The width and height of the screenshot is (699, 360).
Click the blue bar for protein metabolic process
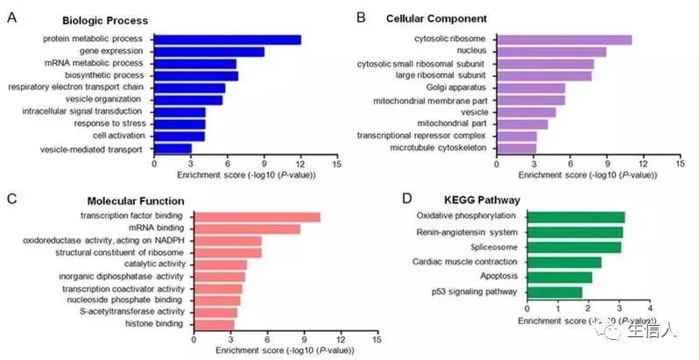point(227,39)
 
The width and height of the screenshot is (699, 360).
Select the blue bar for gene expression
point(208,52)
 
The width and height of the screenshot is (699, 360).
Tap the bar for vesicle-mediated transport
point(173,149)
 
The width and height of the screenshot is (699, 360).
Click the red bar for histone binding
point(213,324)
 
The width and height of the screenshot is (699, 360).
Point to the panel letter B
point(361,16)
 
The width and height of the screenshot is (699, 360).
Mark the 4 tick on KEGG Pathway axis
point(649,308)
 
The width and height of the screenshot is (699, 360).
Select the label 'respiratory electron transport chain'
point(75,88)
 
